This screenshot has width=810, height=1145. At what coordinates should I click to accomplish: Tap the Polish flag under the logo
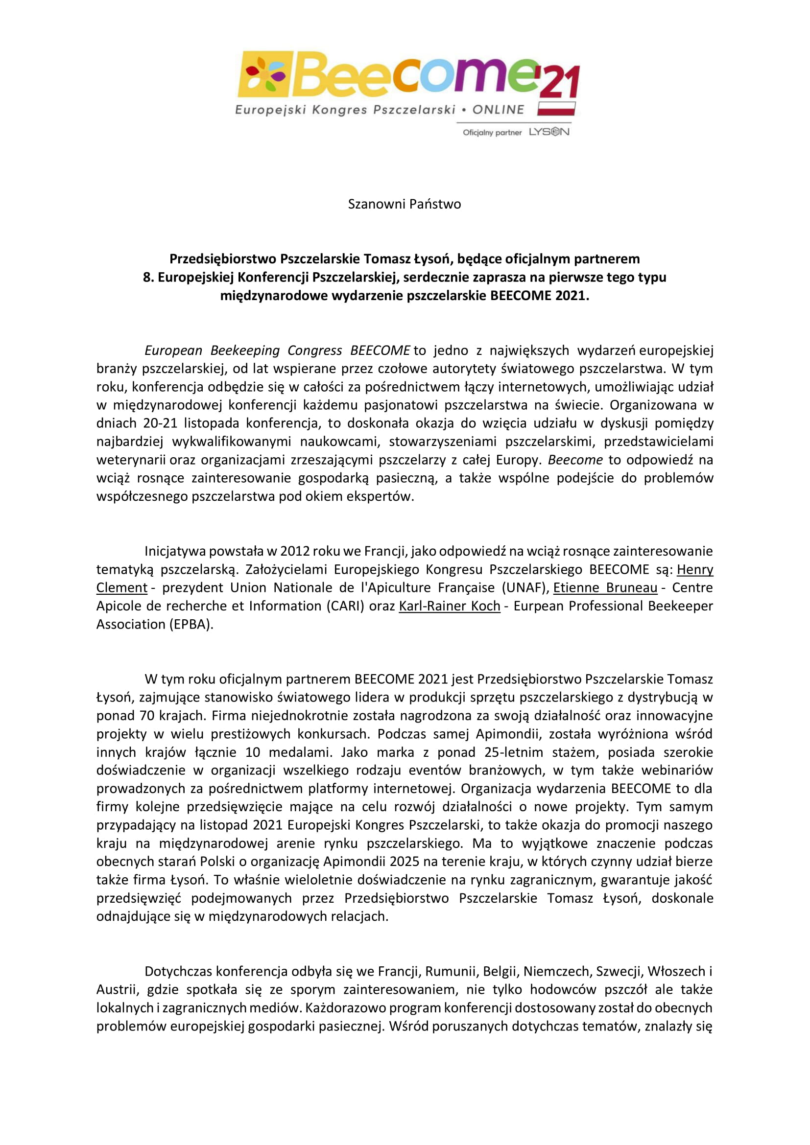coord(556,109)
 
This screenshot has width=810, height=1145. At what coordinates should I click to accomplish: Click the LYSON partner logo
coord(548,132)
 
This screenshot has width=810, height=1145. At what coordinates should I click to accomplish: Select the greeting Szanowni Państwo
coord(404,204)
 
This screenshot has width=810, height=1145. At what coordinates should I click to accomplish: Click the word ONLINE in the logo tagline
coord(498,110)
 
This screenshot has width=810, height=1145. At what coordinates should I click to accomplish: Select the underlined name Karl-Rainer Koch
coord(450,606)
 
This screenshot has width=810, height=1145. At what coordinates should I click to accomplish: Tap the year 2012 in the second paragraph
coord(294,551)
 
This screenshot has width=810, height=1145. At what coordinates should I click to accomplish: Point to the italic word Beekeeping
coord(244,350)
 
